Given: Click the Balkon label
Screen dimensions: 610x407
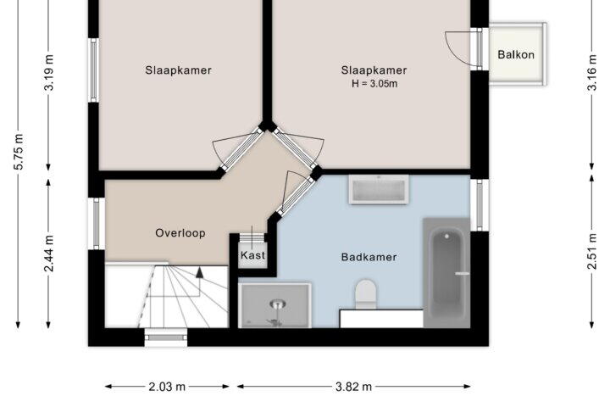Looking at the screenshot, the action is (516, 54).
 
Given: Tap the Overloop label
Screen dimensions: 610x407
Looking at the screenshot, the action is (180, 233).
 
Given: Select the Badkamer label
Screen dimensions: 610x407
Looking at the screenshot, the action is (369, 257).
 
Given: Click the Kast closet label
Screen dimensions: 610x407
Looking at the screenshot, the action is (252, 255).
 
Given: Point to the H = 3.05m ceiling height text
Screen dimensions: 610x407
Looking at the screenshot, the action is (374, 84).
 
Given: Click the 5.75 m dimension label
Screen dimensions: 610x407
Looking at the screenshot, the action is (19, 152).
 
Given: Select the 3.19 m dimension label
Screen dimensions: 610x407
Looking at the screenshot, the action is (48, 73).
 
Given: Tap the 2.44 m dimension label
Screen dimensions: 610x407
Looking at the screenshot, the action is (48, 254).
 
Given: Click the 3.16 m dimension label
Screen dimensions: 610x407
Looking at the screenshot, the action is (591, 73).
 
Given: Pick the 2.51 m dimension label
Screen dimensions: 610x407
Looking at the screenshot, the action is (591, 251).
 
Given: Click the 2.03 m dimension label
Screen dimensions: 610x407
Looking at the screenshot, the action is (167, 387).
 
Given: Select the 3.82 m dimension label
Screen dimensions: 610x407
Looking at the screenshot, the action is (353, 387).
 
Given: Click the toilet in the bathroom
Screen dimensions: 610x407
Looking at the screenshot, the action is (366, 294).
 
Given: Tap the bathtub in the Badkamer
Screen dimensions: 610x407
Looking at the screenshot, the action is (446, 273).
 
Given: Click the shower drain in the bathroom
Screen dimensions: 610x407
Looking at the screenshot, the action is (276, 304).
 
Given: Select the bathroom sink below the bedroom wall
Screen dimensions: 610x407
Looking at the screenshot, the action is (379, 190).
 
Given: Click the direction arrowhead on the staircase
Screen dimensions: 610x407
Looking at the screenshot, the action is (200, 272).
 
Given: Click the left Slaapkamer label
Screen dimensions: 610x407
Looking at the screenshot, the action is (178, 70).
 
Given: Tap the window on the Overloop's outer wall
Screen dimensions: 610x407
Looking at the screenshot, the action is (96, 224).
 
